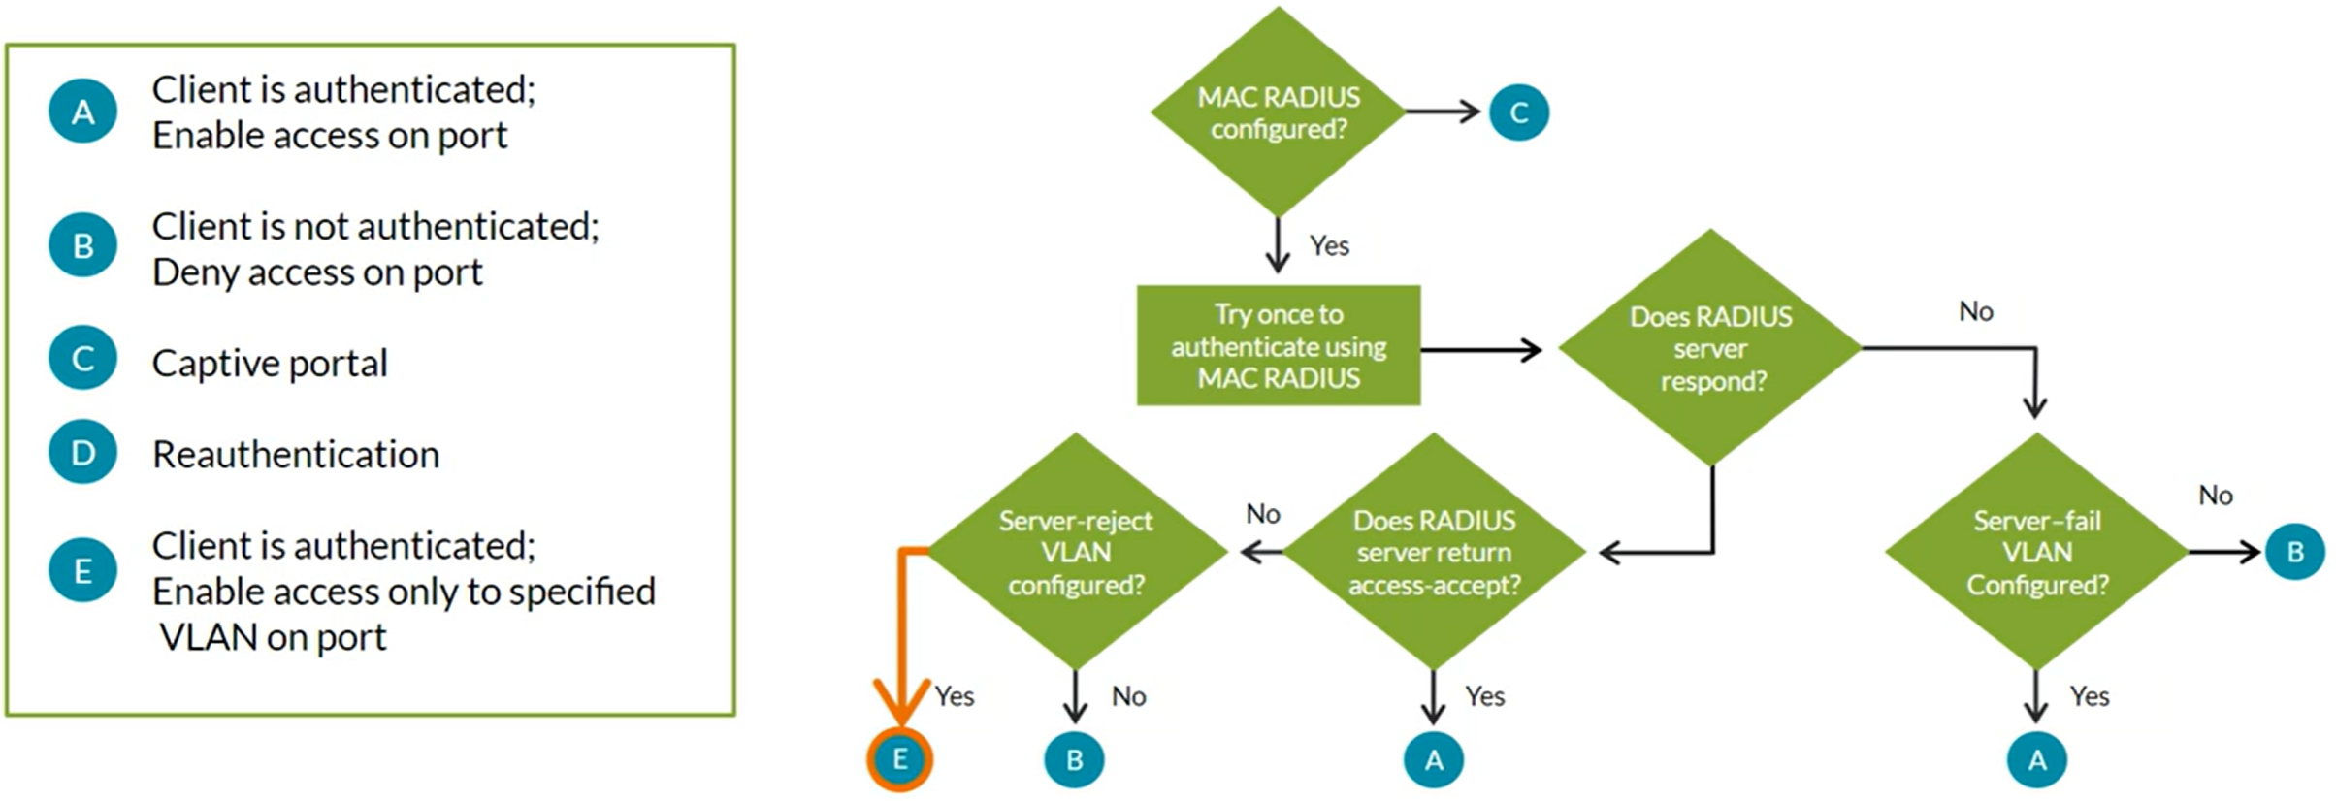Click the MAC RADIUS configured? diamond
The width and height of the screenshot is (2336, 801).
(x=1278, y=112)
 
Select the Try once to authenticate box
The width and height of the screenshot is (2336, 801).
(x=1278, y=345)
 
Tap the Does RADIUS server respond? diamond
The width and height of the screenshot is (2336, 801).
(x=1710, y=348)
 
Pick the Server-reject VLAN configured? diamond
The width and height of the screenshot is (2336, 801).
(x=1076, y=552)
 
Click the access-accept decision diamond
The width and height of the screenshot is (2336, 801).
(x=1434, y=552)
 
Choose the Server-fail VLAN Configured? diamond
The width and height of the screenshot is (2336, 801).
(x=2036, y=552)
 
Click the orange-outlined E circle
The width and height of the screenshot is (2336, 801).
(x=900, y=759)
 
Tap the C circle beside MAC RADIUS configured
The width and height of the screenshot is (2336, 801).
(x=1518, y=112)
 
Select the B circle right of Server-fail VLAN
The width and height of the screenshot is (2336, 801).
(x=2294, y=552)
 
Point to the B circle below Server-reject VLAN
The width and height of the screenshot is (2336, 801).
(x=1075, y=759)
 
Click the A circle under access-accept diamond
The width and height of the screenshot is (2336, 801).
(x=1434, y=759)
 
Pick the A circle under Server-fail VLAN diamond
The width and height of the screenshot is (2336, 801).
(x=2036, y=759)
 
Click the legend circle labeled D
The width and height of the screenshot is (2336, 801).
(x=83, y=453)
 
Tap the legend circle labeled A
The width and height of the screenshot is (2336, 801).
(x=83, y=112)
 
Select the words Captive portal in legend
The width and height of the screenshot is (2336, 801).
(x=270, y=364)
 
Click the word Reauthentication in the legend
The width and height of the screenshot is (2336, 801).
(x=296, y=455)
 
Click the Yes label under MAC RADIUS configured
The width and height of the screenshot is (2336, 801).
(x=1329, y=246)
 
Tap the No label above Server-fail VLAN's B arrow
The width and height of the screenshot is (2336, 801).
(x=2215, y=496)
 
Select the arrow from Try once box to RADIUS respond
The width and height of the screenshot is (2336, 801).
(x=1480, y=349)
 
